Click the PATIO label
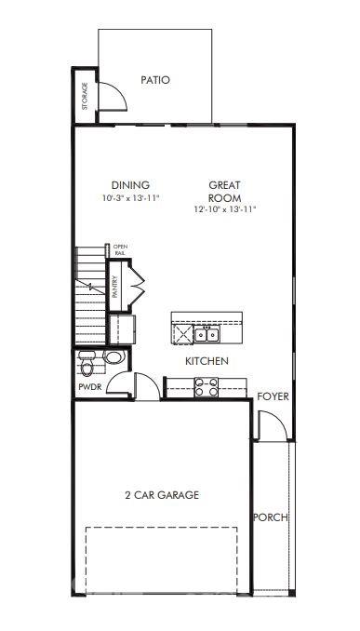(x=155, y=80)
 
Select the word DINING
(x=130, y=185)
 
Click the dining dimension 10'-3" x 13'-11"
(x=130, y=198)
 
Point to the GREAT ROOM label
(x=225, y=191)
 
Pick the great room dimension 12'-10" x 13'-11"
(x=225, y=210)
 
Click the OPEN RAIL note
(x=120, y=249)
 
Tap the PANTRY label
(x=114, y=284)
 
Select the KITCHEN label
(x=207, y=361)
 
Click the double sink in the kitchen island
(x=204, y=334)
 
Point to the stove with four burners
(x=206, y=386)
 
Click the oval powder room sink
(x=113, y=357)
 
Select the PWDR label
(x=90, y=387)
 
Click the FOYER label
(x=273, y=396)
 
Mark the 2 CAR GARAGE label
(x=163, y=495)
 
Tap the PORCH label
(x=271, y=517)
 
